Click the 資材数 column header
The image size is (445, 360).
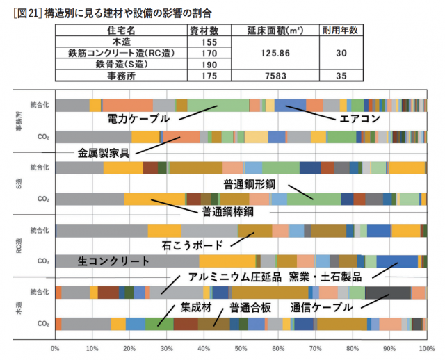pos(204,31)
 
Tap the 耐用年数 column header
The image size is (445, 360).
pos(339,31)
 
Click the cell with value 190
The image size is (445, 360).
pos(204,64)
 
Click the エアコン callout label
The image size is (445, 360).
pos(359,119)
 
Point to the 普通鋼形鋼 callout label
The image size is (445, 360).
pos(251,183)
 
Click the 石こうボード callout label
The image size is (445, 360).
pos(193,245)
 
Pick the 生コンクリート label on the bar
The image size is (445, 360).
pos(114,261)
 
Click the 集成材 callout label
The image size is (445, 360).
pos(195,306)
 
